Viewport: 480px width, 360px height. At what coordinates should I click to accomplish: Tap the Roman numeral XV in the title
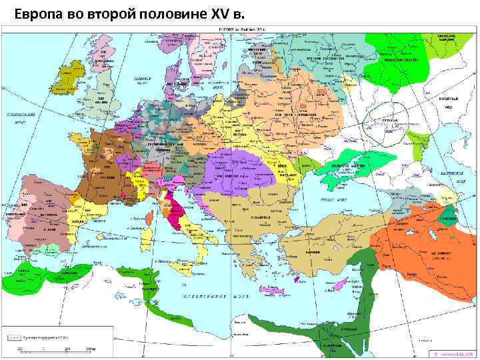point(219,12)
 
